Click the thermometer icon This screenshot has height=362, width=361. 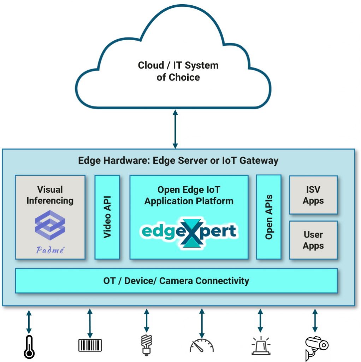(29, 347)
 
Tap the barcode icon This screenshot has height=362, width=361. (90, 345)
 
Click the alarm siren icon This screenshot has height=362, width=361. (260, 345)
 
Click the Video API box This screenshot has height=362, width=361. (107, 217)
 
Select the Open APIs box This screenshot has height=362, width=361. (269, 217)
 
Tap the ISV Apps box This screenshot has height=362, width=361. (313, 195)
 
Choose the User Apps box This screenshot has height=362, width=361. (313, 240)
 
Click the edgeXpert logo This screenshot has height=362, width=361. (189, 232)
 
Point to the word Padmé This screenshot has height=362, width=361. (50, 250)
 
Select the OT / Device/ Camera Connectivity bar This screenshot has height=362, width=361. (176, 281)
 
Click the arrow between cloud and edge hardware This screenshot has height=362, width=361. (175, 129)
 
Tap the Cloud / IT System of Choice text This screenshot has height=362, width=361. (178, 71)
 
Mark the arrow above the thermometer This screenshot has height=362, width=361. (29, 321)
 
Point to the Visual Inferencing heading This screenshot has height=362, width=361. (50, 195)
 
